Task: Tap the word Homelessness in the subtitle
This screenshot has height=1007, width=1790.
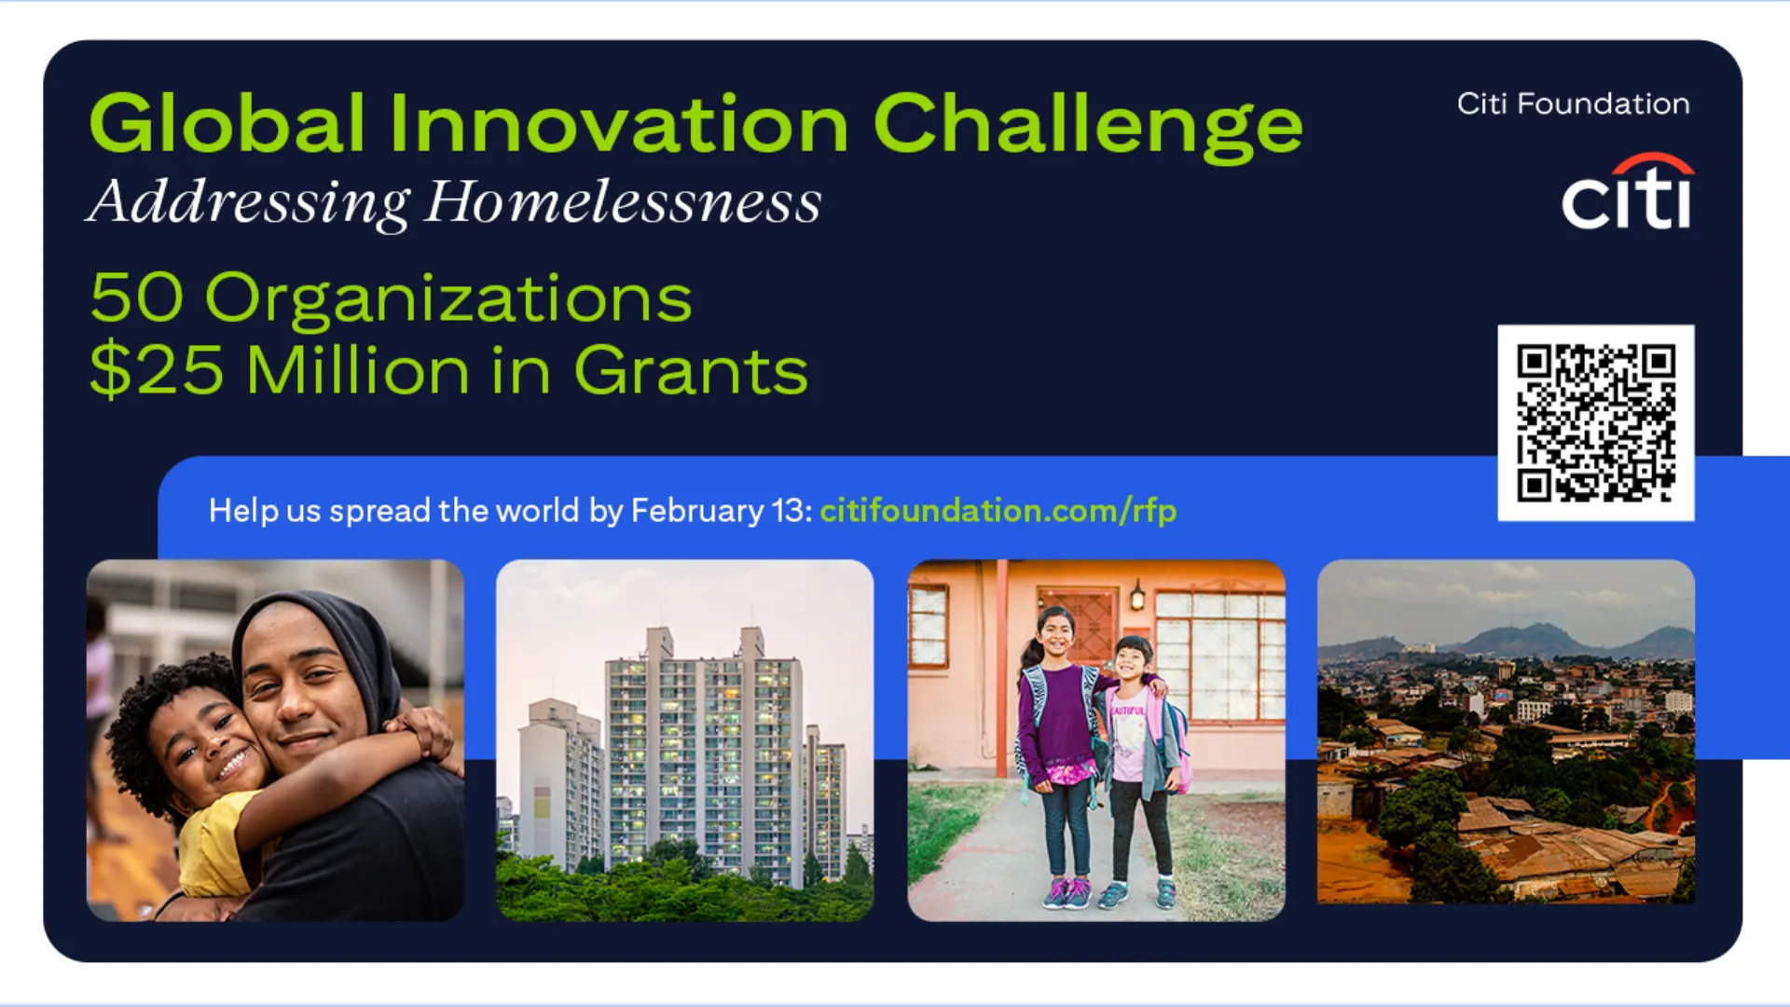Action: click(623, 203)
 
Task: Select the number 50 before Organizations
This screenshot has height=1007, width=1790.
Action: click(136, 298)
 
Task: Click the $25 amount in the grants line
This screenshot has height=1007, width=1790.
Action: click(157, 371)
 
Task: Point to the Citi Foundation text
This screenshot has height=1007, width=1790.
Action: click(1574, 103)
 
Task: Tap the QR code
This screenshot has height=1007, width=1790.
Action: click(1596, 422)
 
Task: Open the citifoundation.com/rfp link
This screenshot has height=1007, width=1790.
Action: click(998, 511)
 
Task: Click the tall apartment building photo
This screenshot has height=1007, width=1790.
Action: click(685, 740)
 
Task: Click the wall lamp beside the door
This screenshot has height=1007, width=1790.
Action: click(1137, 594)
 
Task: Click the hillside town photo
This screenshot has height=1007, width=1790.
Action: click(1506, 731)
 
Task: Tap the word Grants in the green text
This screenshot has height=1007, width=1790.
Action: click(691, 371)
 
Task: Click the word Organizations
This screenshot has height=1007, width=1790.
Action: click(448, 300)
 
